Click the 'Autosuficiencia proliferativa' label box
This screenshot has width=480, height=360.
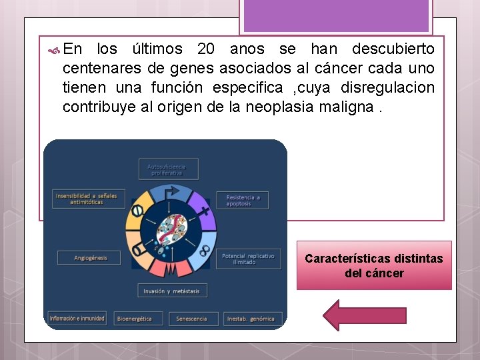click(168, 169)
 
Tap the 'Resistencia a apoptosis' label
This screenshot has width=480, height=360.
click(243, 200)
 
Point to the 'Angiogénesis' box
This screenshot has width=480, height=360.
click(89, 257)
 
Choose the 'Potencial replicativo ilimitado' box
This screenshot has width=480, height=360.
click(243, 259)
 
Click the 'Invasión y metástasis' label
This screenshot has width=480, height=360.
click(172, 291)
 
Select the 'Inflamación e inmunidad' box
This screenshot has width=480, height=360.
click(77, 318)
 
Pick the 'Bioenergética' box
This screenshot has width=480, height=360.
click(138, 319)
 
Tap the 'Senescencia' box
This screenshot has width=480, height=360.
click(192, 319)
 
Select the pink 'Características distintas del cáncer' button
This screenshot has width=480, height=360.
click(374, 265)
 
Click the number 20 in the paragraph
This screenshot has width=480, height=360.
click(206, 49)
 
